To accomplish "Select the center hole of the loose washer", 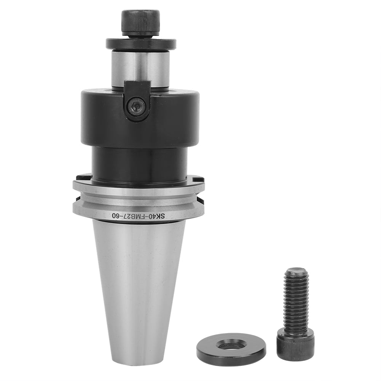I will point(231,345).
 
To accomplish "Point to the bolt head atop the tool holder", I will point(140,22).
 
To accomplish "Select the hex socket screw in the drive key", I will point(136,106).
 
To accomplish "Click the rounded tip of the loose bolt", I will point(297,271).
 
